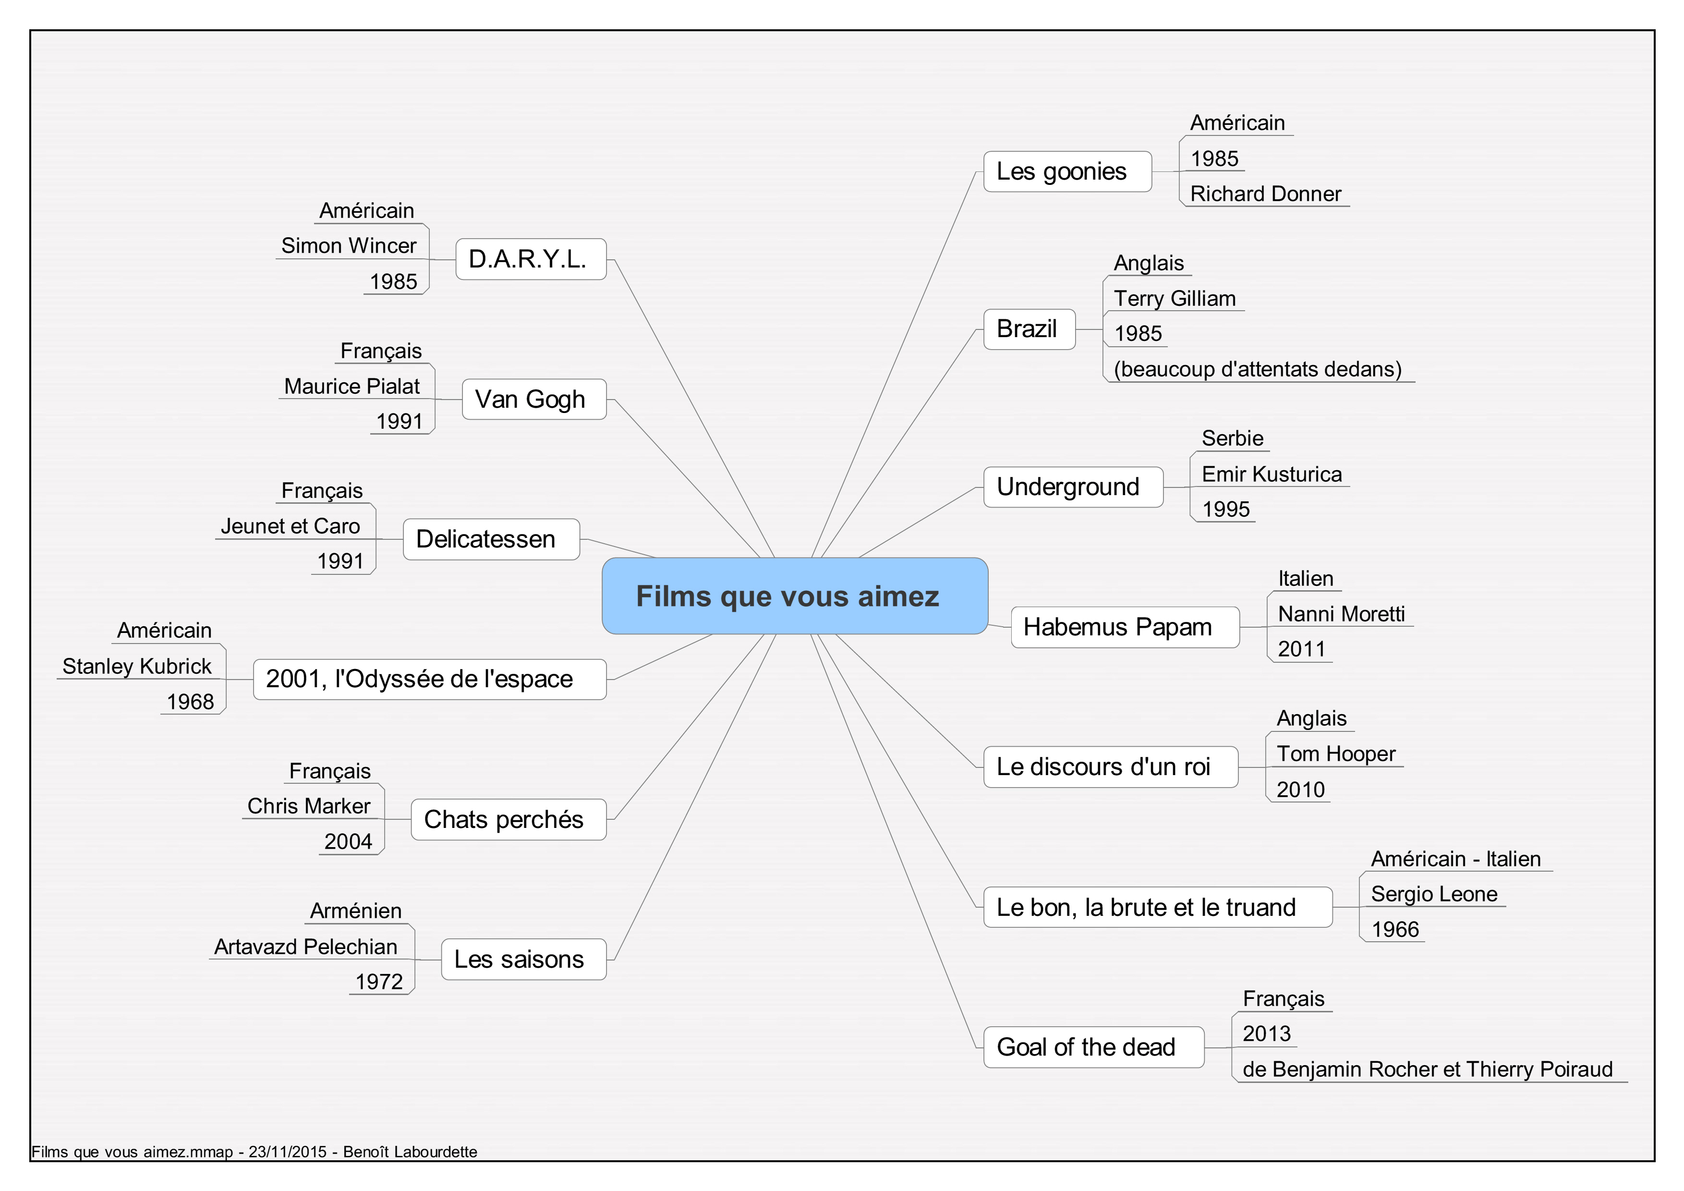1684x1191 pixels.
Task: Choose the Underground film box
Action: [1073, 487]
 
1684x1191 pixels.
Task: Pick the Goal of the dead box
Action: [1093, 1047]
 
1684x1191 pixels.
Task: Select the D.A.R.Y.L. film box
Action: [531, 259]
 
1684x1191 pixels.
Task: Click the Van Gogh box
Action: [534, 399]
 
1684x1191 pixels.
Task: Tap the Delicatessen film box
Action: [491, 539]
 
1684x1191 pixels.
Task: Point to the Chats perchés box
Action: [509, 819]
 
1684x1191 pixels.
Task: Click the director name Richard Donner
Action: [1265, 194]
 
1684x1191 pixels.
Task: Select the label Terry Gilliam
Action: [1174, 299]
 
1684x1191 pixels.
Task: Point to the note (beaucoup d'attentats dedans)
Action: [1257, 369]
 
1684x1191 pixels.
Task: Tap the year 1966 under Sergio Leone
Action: [1395, 929]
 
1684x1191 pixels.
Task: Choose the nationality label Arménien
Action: [356, 911]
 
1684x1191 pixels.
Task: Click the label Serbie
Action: [1232, 438]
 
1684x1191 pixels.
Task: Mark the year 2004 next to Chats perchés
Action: [349, 841]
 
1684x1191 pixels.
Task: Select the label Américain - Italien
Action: [1456, 859]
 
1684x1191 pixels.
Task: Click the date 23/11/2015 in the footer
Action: [288, 1152]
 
